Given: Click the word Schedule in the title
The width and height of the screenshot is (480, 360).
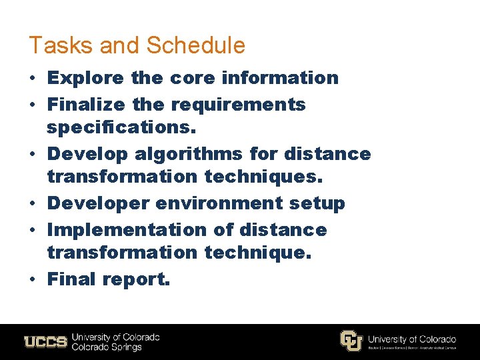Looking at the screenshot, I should (195, 46).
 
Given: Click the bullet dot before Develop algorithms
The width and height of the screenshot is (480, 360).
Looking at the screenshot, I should (33, 154).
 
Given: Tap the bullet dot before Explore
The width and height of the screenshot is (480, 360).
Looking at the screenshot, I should (33, 78).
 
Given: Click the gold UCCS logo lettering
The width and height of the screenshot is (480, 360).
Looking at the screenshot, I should (45, 342).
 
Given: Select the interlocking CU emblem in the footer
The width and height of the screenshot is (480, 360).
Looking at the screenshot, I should (351, 341).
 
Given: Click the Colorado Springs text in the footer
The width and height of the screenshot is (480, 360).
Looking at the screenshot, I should (107, 347).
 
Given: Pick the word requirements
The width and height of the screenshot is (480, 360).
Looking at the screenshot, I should (238, 105).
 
